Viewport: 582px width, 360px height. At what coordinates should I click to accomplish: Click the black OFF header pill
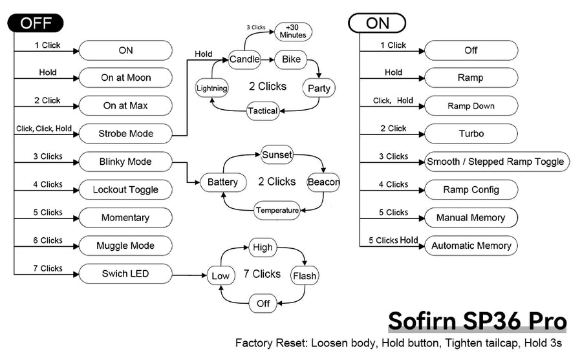35,23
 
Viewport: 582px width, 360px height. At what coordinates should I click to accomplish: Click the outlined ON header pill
378,23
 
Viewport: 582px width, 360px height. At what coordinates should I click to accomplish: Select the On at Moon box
125,78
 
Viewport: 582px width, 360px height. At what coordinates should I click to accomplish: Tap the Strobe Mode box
125,134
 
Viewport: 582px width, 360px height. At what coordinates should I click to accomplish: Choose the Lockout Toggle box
125,190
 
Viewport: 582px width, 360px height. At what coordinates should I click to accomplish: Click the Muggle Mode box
125,246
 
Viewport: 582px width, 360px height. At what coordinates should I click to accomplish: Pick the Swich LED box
125,274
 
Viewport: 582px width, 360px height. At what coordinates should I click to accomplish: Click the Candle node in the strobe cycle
244,59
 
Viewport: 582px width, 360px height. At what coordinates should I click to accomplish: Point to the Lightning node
212,88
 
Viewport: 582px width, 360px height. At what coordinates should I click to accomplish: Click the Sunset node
277,155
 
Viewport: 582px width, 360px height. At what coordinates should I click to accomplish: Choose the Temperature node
277,210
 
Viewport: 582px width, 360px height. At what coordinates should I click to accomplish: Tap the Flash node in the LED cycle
305,276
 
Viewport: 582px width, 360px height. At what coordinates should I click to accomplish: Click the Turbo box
471,134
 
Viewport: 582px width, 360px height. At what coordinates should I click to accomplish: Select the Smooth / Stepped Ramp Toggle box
496,162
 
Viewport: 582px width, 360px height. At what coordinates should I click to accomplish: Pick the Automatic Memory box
471,246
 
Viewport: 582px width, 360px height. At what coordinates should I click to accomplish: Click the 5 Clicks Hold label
393,240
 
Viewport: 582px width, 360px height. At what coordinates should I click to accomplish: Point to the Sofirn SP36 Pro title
477,322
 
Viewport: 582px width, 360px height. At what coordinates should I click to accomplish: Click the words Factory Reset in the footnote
266,343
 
